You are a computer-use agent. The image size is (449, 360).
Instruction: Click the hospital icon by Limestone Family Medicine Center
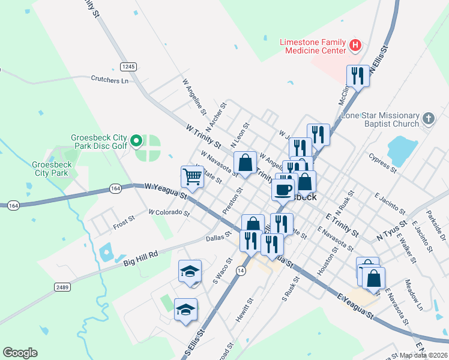point(356,45)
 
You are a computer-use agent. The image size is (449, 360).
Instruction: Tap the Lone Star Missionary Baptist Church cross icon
point(427,119)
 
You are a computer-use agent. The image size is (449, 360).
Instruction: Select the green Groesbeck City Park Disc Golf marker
point(137,142)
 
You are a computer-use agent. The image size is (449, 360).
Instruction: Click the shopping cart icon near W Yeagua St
point(192,176)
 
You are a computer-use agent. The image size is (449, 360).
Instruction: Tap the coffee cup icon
point(283,189)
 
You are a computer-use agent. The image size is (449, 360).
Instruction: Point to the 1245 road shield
point(127,66)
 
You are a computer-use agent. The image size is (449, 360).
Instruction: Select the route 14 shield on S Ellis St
point(241,271)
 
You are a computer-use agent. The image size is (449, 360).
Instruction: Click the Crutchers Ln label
point(110,79)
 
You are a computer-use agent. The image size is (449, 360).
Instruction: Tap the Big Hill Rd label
point(140,259)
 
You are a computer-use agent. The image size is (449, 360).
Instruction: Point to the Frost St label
point(124,224)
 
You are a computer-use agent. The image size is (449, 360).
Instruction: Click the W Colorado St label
point(169,212)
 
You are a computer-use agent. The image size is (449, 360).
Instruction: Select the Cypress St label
point(384,166)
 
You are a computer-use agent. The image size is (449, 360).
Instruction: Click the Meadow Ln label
point(413,295)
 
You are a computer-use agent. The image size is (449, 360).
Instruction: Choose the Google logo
point(20,353)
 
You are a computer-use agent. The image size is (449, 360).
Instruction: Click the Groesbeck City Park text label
point(52,169)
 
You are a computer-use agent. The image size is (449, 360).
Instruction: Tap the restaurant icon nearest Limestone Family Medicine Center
point(358,76)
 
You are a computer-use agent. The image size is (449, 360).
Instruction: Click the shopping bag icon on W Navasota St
point(246,163)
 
